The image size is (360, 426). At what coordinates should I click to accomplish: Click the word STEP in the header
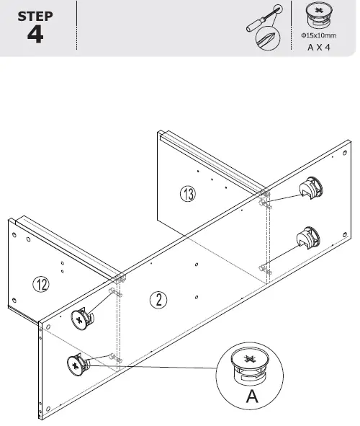point(35,16)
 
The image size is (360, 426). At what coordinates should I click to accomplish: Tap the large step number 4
point(35,36)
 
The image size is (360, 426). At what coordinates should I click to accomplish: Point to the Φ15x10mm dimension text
point(318,35)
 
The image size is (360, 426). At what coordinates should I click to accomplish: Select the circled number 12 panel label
point(41,284)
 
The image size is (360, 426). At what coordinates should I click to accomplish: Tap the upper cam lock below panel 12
point(81,317)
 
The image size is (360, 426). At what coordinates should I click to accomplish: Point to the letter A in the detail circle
point(251,398)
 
